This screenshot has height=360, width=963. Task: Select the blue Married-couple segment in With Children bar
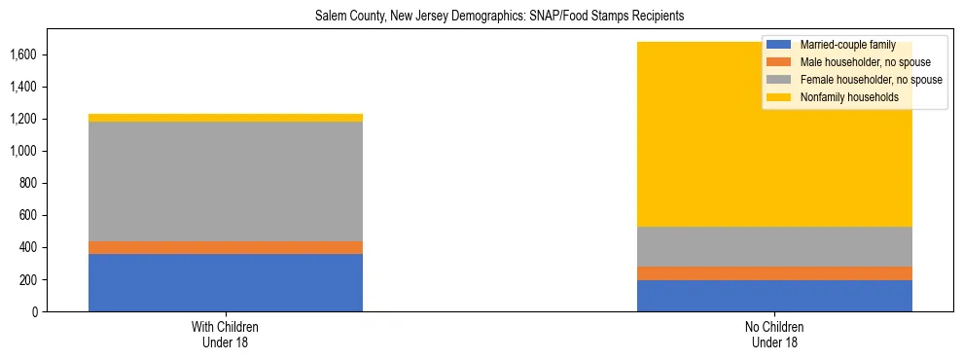point(226,282)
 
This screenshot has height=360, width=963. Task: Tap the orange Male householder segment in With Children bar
point(226,247)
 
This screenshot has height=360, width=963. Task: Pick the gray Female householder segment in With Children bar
point(226,181)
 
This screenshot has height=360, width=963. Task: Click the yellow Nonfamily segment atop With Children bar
point(226,118)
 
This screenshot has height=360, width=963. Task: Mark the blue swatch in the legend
point(779,45)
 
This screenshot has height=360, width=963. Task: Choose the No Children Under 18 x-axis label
point(774,334)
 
